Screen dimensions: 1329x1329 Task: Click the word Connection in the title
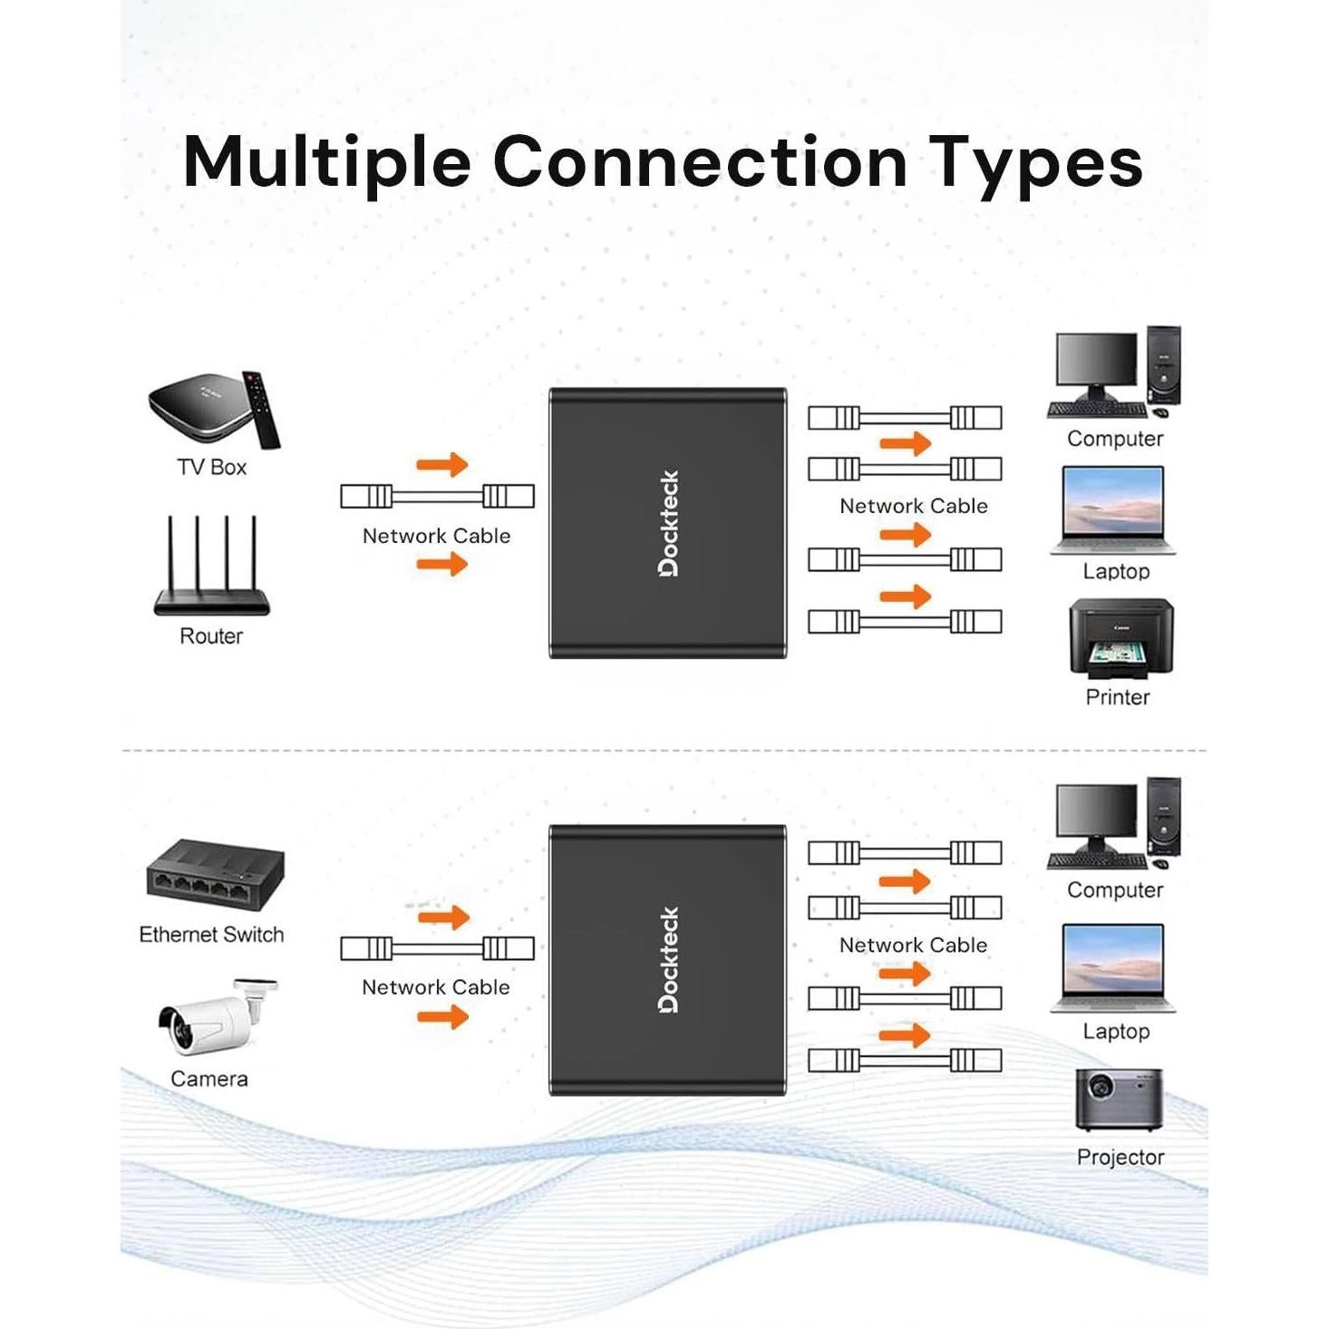699,161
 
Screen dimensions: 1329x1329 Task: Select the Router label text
211,636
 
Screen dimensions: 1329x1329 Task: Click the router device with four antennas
211,569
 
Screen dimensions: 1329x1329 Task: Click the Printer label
1117,697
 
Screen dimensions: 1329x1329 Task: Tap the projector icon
1119,1099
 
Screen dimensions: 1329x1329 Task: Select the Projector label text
1120,1158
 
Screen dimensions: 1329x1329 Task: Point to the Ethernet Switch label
211,935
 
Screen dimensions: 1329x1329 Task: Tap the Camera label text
209,1079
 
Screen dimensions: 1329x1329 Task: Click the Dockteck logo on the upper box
669,523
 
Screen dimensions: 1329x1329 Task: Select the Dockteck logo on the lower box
669,960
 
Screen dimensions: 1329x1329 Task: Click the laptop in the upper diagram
1113,509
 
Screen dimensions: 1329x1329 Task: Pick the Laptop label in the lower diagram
1116,1032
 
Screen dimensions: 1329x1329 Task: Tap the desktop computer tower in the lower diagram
1163,816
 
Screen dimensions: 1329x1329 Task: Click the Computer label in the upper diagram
1114,439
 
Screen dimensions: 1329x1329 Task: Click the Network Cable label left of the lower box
435,987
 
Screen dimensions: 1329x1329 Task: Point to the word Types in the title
1036,161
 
